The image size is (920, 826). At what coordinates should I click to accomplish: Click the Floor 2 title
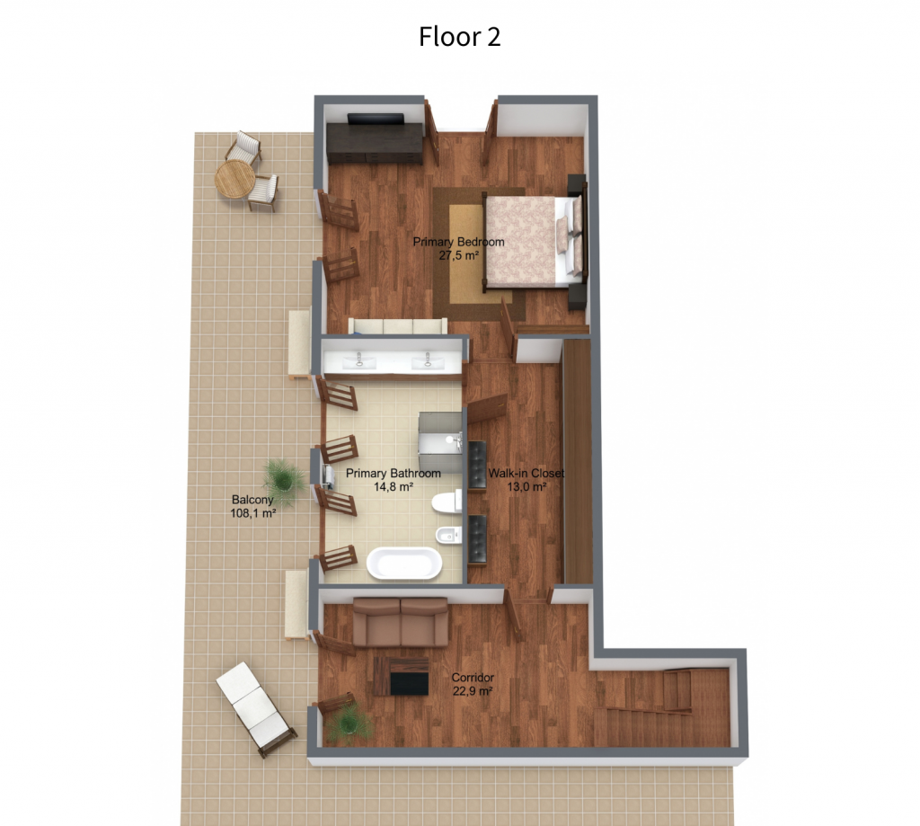(459, 36)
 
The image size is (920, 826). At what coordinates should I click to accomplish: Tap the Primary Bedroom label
(458, 242)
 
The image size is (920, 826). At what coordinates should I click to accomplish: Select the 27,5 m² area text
(459, 255)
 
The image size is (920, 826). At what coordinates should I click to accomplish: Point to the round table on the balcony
(234, 179)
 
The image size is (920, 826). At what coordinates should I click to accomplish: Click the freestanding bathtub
(404, 564)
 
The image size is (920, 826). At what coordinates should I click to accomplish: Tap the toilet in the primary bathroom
(447, 502)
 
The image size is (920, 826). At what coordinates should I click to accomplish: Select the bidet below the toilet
(448, 536)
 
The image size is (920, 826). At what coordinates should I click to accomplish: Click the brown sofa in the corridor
(400, 622)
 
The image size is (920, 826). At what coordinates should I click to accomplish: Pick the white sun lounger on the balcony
(256, 708)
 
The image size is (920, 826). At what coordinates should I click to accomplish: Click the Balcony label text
(252, 500)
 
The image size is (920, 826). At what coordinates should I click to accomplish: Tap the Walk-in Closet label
(526, 473)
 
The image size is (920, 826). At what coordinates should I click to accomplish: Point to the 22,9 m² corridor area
(473, 691)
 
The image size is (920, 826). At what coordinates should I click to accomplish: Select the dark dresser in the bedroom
(375, 142)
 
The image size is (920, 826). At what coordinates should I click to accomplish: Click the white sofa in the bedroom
(398, 326)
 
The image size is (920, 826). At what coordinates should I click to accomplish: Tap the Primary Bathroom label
(394, 473)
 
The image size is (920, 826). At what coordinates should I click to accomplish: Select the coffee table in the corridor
(402, 676)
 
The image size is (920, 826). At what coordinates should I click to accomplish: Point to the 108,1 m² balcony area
(253, 514)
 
